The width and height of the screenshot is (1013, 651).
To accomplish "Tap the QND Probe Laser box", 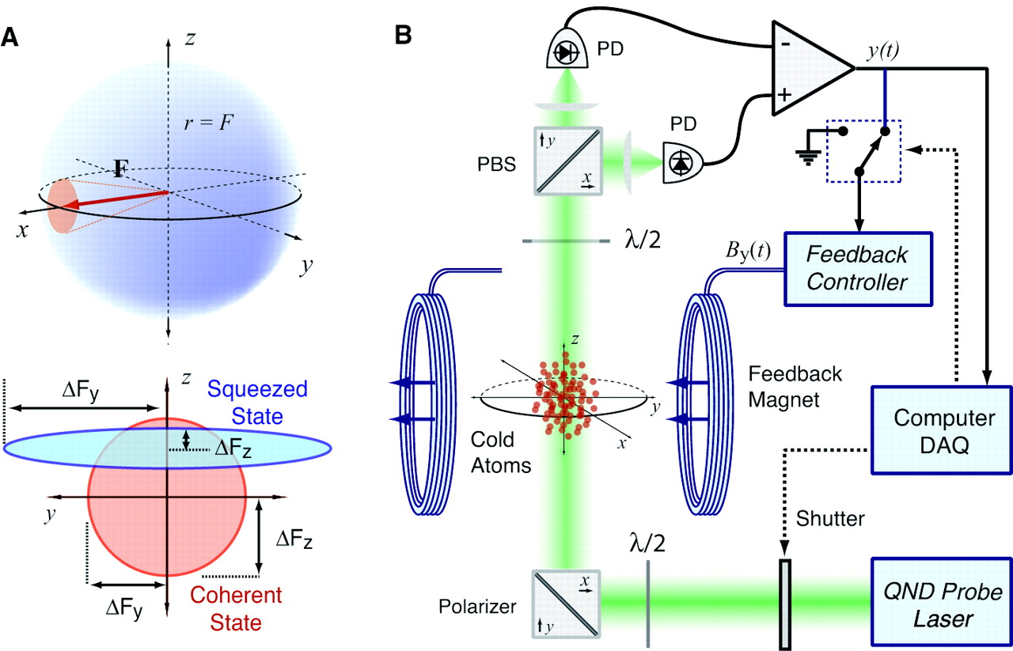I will [939, 604].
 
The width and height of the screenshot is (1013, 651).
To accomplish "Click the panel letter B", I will [402, 36].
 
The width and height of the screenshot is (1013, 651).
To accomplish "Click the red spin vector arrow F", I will [111, 199].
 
